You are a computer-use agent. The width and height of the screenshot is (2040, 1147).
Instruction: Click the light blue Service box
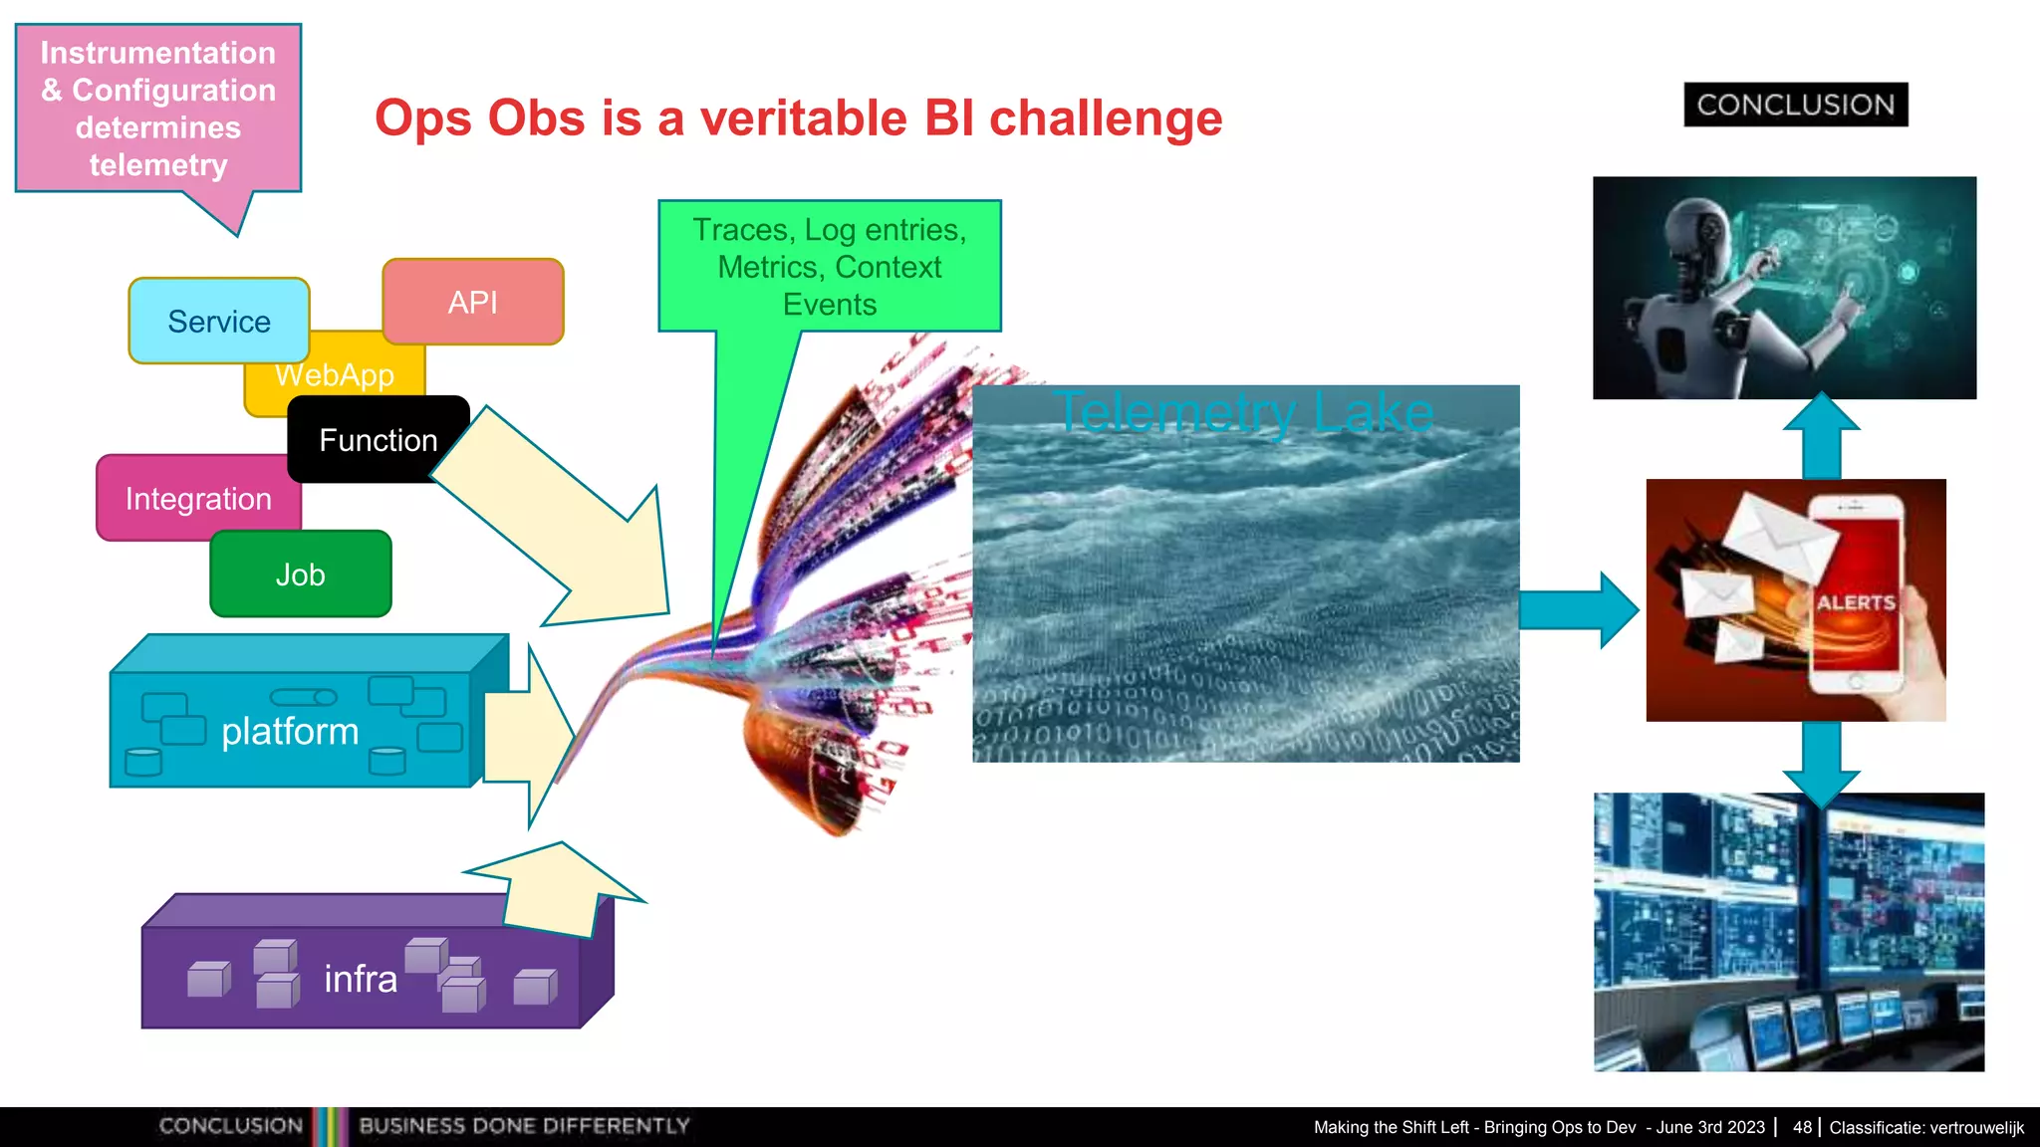click(218, 321)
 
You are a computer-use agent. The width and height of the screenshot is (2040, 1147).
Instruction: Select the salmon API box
click(472, 302)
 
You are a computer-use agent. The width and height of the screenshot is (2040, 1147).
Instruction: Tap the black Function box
click(378, 440)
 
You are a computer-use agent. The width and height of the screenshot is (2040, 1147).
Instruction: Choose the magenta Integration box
click(197, 499)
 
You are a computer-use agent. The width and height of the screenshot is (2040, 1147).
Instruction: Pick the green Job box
click(300, 574)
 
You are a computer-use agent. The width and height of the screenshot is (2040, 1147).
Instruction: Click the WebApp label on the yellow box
click(335, 376)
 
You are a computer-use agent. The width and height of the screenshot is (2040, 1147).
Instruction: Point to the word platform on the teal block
click(289, 731)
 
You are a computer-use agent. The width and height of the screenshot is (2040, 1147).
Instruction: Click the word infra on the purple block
click(360, 979)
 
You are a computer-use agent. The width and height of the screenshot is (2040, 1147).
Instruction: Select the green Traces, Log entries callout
click(829, 266)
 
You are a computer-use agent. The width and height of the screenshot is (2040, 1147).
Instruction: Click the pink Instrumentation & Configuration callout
click(157, 109)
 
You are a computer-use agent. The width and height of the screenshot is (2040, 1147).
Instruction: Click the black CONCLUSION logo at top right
click(1795, 105)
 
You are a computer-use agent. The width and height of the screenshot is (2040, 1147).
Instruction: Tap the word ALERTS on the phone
click(1855, 602)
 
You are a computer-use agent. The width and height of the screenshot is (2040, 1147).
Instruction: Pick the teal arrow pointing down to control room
click(1821, 763)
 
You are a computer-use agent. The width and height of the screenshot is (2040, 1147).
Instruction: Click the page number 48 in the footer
click(1802, 1127)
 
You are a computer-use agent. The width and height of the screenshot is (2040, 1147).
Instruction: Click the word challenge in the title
click(1105, 118)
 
